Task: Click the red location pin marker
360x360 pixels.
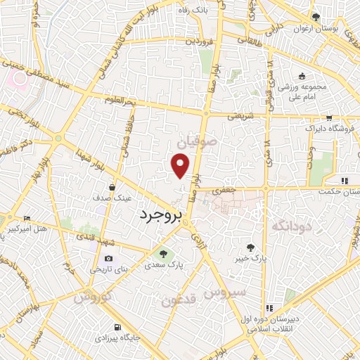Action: click(x=181, y=166)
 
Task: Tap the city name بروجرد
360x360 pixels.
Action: click(x=160, y=214)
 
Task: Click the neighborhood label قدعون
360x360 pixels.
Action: click(x=176, y=301)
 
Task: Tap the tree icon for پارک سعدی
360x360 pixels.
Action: click(x=164, y=254)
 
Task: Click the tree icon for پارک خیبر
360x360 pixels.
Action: click(x=250, y=247)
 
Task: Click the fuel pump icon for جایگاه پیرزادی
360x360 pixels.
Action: click(x=117, y=328)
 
